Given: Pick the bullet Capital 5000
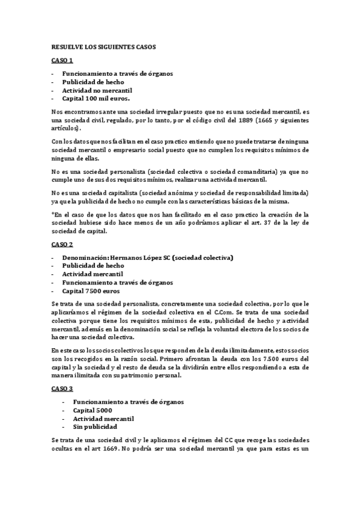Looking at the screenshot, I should pos(93,410).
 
